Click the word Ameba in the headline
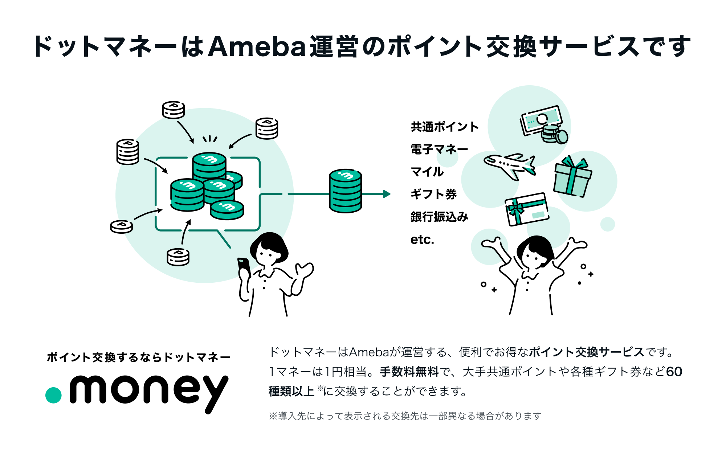click(257, 47)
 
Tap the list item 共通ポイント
click(444, 127)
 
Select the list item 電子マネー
click(439, 149)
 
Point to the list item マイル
click(427, 172)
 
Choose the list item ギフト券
click(433, 194)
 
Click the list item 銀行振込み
click(439, 217)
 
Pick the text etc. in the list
click(422, 240)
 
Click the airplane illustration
click(510, 166)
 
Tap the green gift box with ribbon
click(572, 177)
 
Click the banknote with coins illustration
click(544, 124)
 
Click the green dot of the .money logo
click(53, 395)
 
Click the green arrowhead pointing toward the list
click(387, 194)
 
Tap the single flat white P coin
click(121, 226)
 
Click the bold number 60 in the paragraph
click(674, 372)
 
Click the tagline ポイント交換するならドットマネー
click(139, 357)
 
